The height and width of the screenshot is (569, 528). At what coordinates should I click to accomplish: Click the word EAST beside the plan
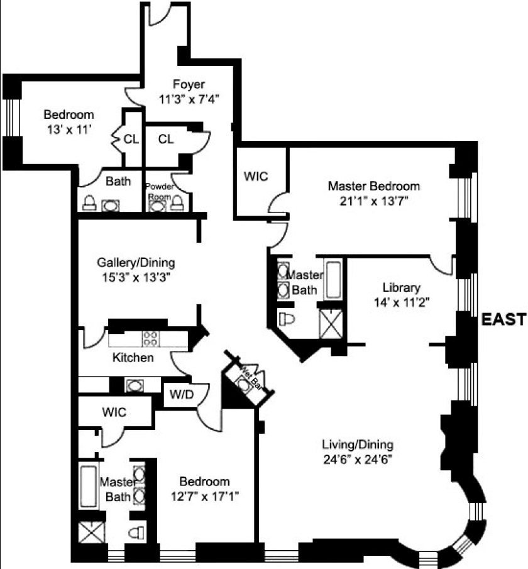click(x=503, y=319)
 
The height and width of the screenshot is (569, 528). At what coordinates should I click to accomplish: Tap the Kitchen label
click(x=133, y=358)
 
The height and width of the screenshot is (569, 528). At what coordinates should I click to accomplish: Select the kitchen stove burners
click(x=150, y=338)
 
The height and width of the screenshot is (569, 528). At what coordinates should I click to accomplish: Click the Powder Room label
click(x=158, y=191)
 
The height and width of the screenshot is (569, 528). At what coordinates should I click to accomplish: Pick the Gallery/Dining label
click(x=136, y=262)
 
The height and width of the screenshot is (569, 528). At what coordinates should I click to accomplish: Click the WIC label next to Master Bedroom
click(x=256, y=177)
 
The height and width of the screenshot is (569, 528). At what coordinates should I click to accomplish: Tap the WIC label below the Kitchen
click(x=114, y=412)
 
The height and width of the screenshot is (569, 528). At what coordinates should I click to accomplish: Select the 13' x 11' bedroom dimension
click(x=69, y=130)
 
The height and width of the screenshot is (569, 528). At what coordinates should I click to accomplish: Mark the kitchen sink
click(x=133, y=385)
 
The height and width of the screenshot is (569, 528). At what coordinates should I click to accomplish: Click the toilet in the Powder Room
click(x=179, y=202)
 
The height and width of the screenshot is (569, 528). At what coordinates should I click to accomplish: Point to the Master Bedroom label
click(x=374, y=187)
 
